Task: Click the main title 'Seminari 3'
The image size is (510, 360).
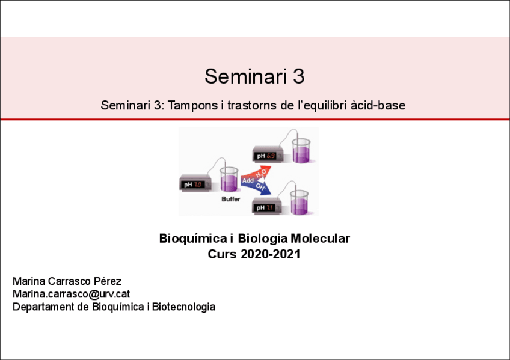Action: click(254, 77)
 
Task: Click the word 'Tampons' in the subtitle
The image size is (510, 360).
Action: click(187, 105)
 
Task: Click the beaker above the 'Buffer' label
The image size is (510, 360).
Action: click(229, 180)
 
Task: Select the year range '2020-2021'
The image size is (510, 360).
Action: click(271, 254)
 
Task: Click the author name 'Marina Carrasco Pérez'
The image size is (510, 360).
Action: click(67, 281)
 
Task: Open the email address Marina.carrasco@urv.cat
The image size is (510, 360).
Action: click(72, 294)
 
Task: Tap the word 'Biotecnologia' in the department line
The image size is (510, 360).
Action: click(183, 307)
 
